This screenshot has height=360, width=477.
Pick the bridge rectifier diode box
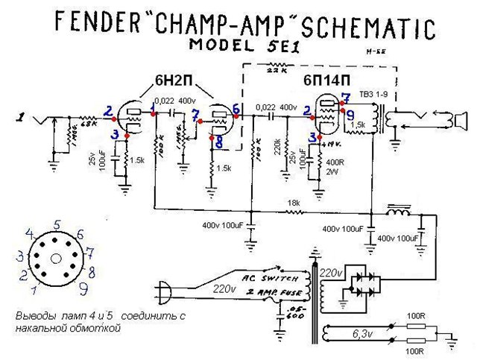point(364,282)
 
